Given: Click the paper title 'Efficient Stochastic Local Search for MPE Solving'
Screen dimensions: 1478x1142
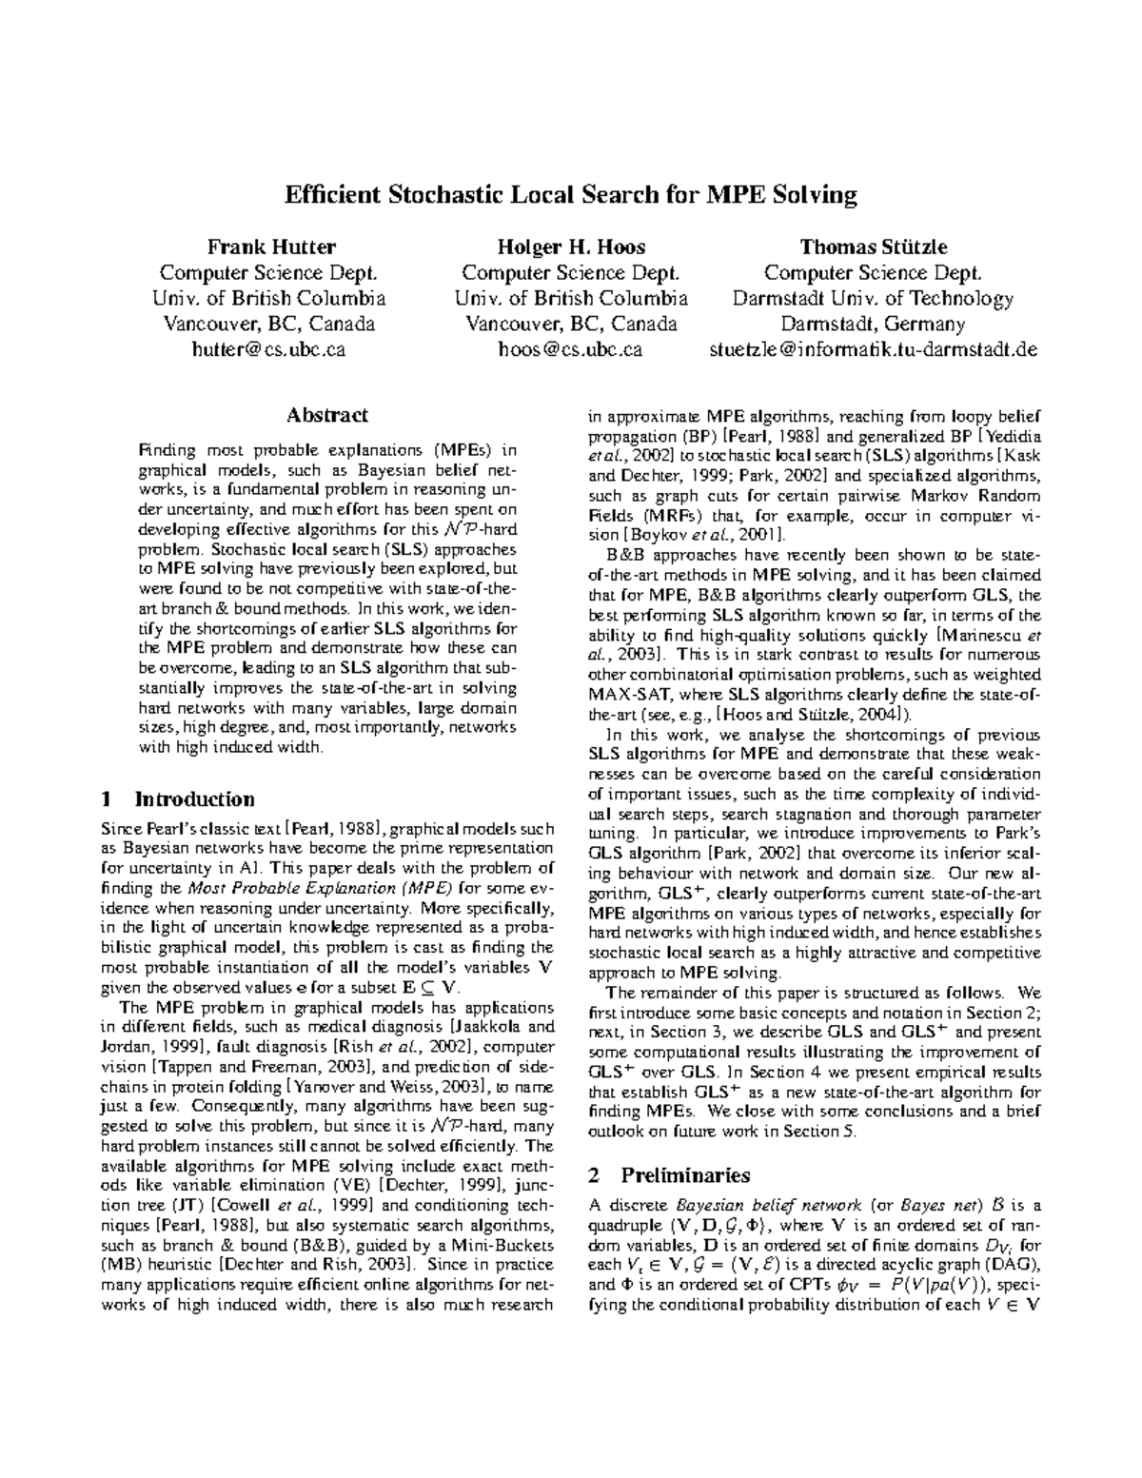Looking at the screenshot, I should (x=571, y=195).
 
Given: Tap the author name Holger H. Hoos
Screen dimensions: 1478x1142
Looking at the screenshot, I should (x=571, y=247).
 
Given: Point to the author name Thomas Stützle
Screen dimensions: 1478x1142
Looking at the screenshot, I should (x=873, y=247).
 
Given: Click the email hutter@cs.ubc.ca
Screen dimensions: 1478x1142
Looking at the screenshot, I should (x=269, y=349).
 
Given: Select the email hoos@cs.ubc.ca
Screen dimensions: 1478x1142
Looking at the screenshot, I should (x=570, y=349).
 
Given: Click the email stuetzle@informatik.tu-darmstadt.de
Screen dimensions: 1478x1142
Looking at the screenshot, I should (x=873, y=349).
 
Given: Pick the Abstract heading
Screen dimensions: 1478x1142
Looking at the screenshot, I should (x=326, y=415).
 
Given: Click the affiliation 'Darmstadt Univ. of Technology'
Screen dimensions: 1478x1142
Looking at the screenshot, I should (x=873, y=299).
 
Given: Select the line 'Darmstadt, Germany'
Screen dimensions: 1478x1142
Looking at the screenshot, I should (x=873, y=324).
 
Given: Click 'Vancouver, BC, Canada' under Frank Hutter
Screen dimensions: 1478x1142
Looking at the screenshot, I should (x=269, y=324).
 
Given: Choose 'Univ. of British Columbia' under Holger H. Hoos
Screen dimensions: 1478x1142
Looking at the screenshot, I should (x=571, y=299).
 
